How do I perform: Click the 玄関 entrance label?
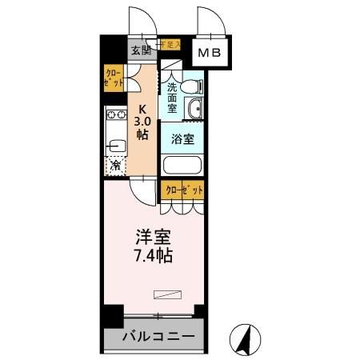140,50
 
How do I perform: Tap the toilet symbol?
192,85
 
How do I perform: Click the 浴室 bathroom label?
183,138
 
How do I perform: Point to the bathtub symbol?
183,166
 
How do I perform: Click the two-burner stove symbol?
113,119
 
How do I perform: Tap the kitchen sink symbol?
113,146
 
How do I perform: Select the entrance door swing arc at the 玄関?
140,18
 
